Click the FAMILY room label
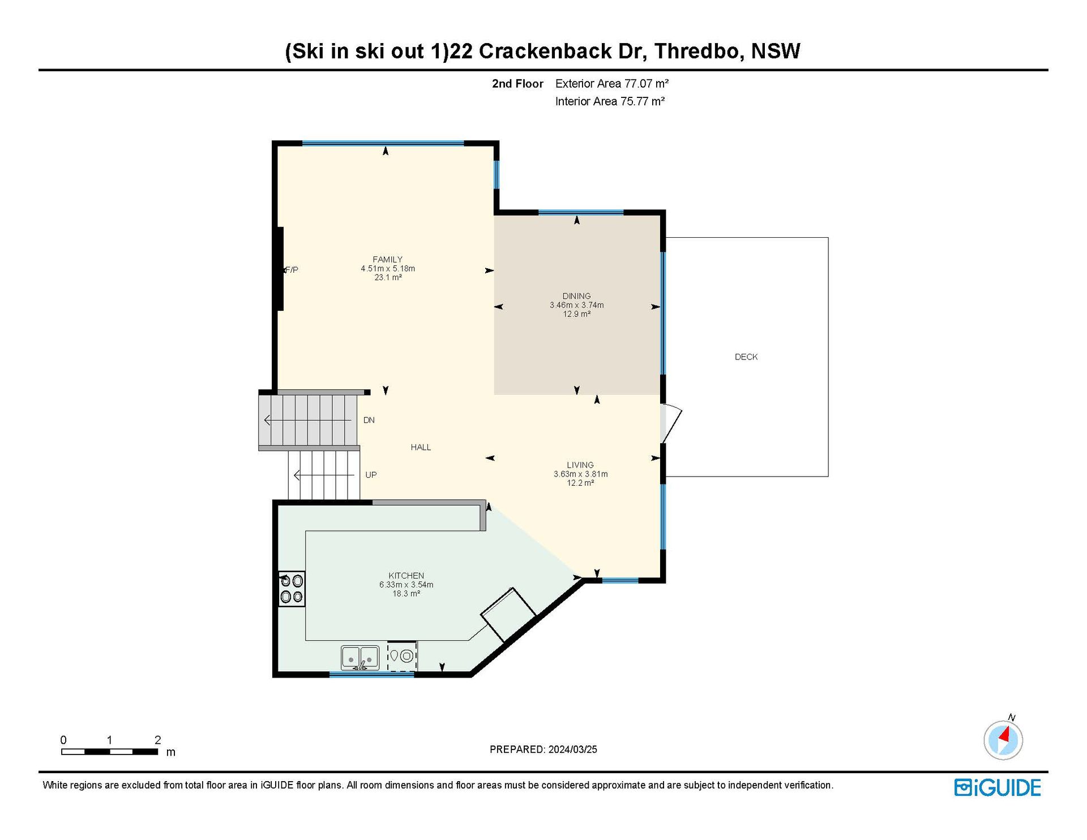click(x=388, y=260)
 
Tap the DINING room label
click(x=576, y=296)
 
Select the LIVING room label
click(x=580, y=465)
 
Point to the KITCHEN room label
click(x=406, y=576)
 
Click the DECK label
click(x=746, y=357)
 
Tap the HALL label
click(x=421, y=448)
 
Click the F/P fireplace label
click(x=292, y=270)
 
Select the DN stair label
click(x=369, y=420)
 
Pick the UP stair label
click(x=371, y=475)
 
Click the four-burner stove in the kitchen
click(x=292, y=589)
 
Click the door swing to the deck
click(x=671, y=423)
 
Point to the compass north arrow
click(x=1005, y=735)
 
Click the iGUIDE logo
click(x=998, y=788)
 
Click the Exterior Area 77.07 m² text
click(x=612, y=84)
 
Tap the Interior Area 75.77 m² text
click(x=610, y=101)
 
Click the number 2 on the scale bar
click(x=158, y=740)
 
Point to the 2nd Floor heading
click(x=517, y=84)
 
